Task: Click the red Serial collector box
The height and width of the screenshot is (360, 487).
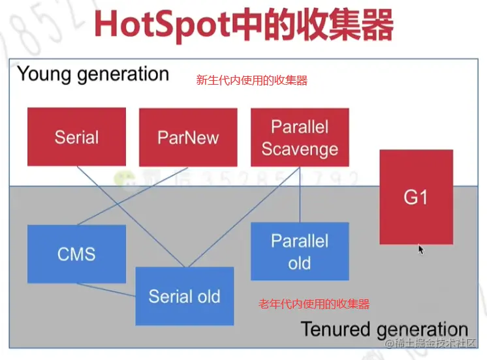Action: (76, 137)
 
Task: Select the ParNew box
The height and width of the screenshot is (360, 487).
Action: (188, 137)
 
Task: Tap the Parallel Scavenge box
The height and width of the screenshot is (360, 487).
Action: (300, 137)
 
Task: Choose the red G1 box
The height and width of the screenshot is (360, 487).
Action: (416, 197)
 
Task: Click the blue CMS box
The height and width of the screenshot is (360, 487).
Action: (76, 254)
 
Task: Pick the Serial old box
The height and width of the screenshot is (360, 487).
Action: (184, 296)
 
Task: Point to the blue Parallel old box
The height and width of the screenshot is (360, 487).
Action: (300, 251)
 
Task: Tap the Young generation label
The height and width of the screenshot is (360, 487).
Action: (93, 74)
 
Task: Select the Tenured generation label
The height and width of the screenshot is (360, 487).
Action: (384, 329)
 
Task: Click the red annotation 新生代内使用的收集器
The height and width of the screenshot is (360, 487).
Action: (251, 80)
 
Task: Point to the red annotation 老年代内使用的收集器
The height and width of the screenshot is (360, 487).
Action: (314, 304)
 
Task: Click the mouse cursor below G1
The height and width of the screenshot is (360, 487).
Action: (420, 248)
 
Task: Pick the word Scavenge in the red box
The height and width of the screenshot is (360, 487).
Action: (300, 149)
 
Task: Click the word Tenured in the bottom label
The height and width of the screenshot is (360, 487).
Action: (333, 329)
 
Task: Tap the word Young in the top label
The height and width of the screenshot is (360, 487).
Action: (44, 74)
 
